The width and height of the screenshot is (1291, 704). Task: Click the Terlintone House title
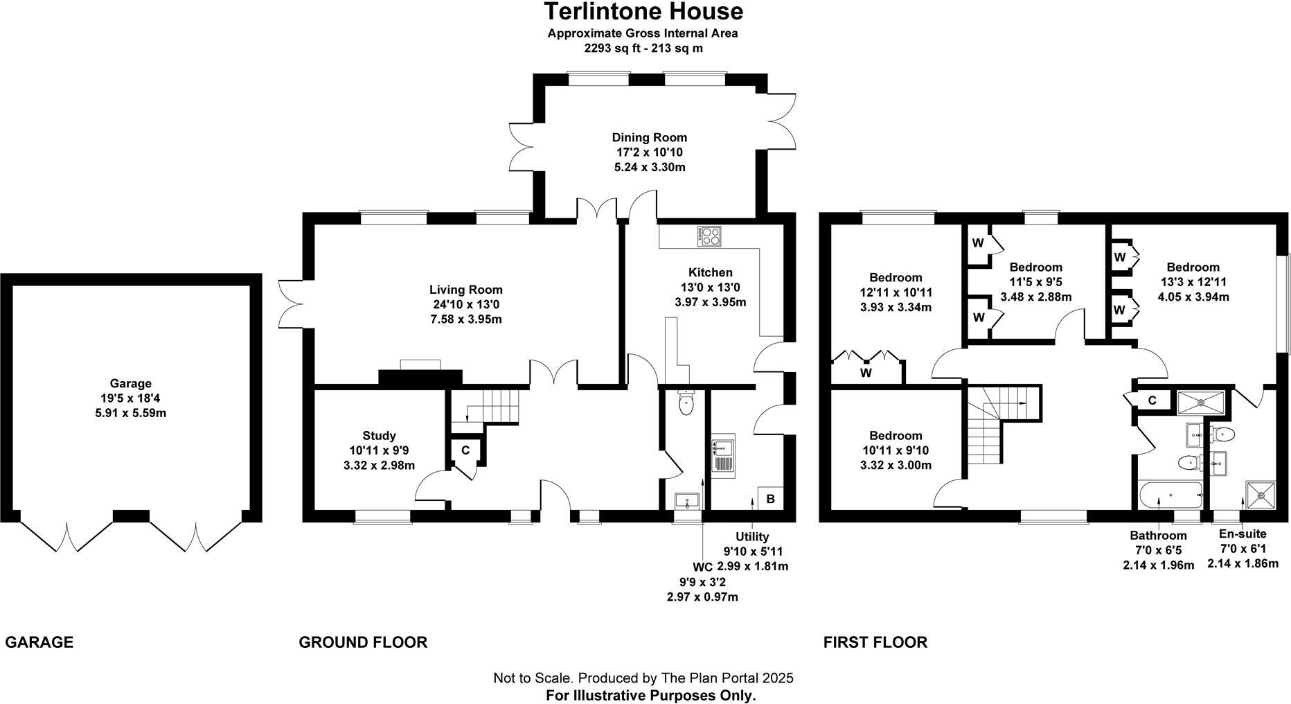tap(643, 12)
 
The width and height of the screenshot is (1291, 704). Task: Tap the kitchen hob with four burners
tap(710, 236)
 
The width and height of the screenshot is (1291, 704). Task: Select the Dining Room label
tap(649, 137)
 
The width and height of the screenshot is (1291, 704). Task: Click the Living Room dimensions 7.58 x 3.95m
tap(465, 319)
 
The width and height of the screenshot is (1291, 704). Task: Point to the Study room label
tap(379, 436)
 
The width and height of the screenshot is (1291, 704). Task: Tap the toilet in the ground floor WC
tap(686, 403)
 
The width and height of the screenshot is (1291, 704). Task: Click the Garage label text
tap(130, 383)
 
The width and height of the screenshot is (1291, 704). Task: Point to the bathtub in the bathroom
tap(1170, 495)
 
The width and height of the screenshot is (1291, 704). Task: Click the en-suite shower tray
tap(1260, 495)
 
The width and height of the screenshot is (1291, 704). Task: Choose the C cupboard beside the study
tap(465, 450)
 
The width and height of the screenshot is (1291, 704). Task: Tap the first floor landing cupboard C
tap(1152, 401)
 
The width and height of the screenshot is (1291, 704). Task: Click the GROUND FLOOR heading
tap(363, 642)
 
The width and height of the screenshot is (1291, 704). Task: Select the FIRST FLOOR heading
tap(875, 642)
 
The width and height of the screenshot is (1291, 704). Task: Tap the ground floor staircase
tap(485, 409)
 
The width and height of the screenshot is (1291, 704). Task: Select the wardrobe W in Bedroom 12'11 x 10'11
tap(866, 373)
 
